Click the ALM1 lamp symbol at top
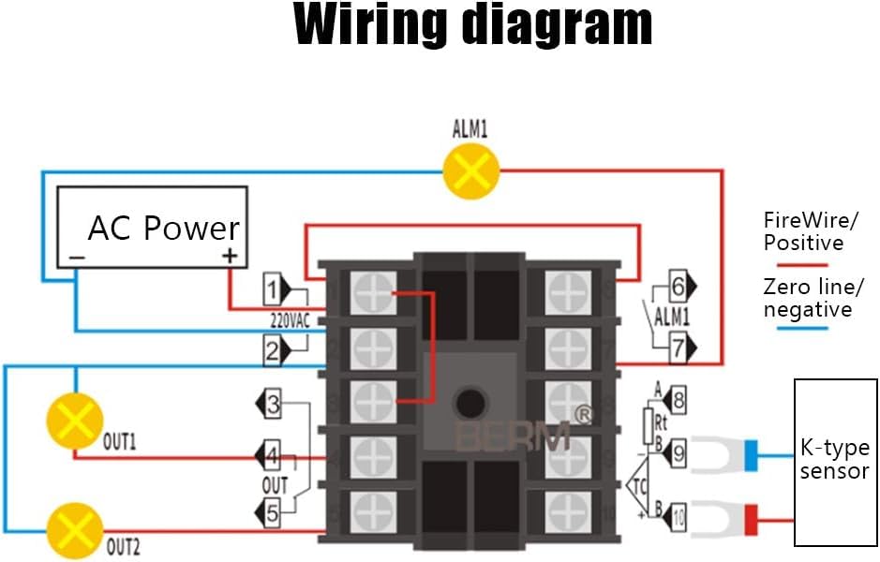pos(470,171)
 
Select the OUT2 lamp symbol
pos(74,529)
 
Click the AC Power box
pos(152,228)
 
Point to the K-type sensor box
pos(834,462)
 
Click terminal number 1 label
pos(273,287)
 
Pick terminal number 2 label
pos(273,351)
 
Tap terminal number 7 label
pos(678,348)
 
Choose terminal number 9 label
pos(678,455)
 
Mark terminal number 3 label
pos(273,406)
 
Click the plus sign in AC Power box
pos(229,256)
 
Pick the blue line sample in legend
pos(796,327)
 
